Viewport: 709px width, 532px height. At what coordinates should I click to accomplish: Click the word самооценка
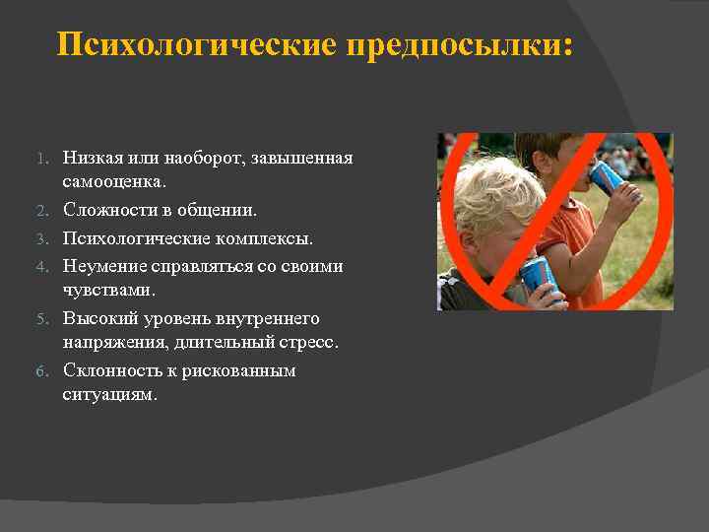click(114, 182)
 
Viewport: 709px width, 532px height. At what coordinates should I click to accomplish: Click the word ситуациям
click(109, 396)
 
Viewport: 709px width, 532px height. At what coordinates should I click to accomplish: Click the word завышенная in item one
click(301, 158)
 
